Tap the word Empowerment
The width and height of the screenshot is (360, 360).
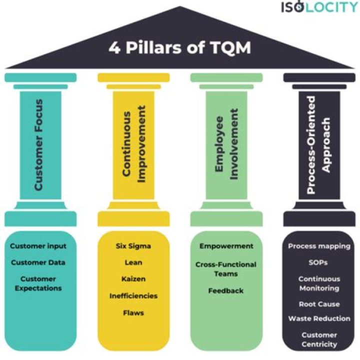[x=226, y=246]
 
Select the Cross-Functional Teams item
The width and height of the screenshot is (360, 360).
[x=226, y=269]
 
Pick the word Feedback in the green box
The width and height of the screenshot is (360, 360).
[x=226, y=290]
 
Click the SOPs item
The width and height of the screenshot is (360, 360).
[x=319, y=262]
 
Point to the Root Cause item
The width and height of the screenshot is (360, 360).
[x=319, y=304]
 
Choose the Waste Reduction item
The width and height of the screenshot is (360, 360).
[x=319, y=318]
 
